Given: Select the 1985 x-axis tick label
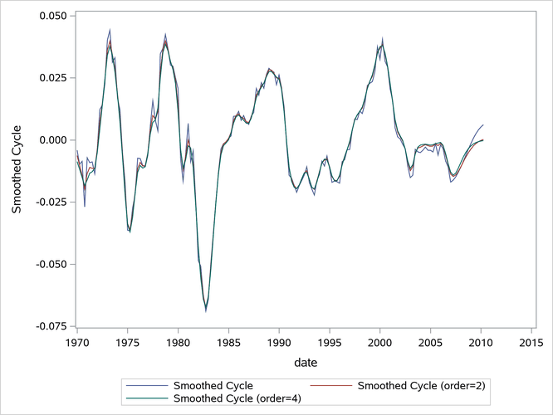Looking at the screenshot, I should pyautogui.click(x=228, y=342).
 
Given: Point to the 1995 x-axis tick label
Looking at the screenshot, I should pyautogui.click(x=330, y=342).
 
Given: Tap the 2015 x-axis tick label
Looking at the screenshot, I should pyautogui.click(x=531, y=342).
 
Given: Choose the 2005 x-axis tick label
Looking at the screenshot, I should pyautogui.click(x=430, y=342).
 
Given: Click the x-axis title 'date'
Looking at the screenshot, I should pyautogui.click(x=304, y=363).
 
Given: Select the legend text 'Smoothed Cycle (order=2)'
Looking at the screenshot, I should pyautogui.click(x=419, y=386).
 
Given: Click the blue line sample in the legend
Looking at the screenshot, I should pyautogui.click(x=144, y=386).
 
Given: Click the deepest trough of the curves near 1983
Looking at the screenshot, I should pyautogui.click(x=206, y=311).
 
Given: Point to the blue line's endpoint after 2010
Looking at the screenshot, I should pyautogui.click(x=483, y=124).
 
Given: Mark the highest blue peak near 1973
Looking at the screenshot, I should pyautogui.click(x=110, y=29).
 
